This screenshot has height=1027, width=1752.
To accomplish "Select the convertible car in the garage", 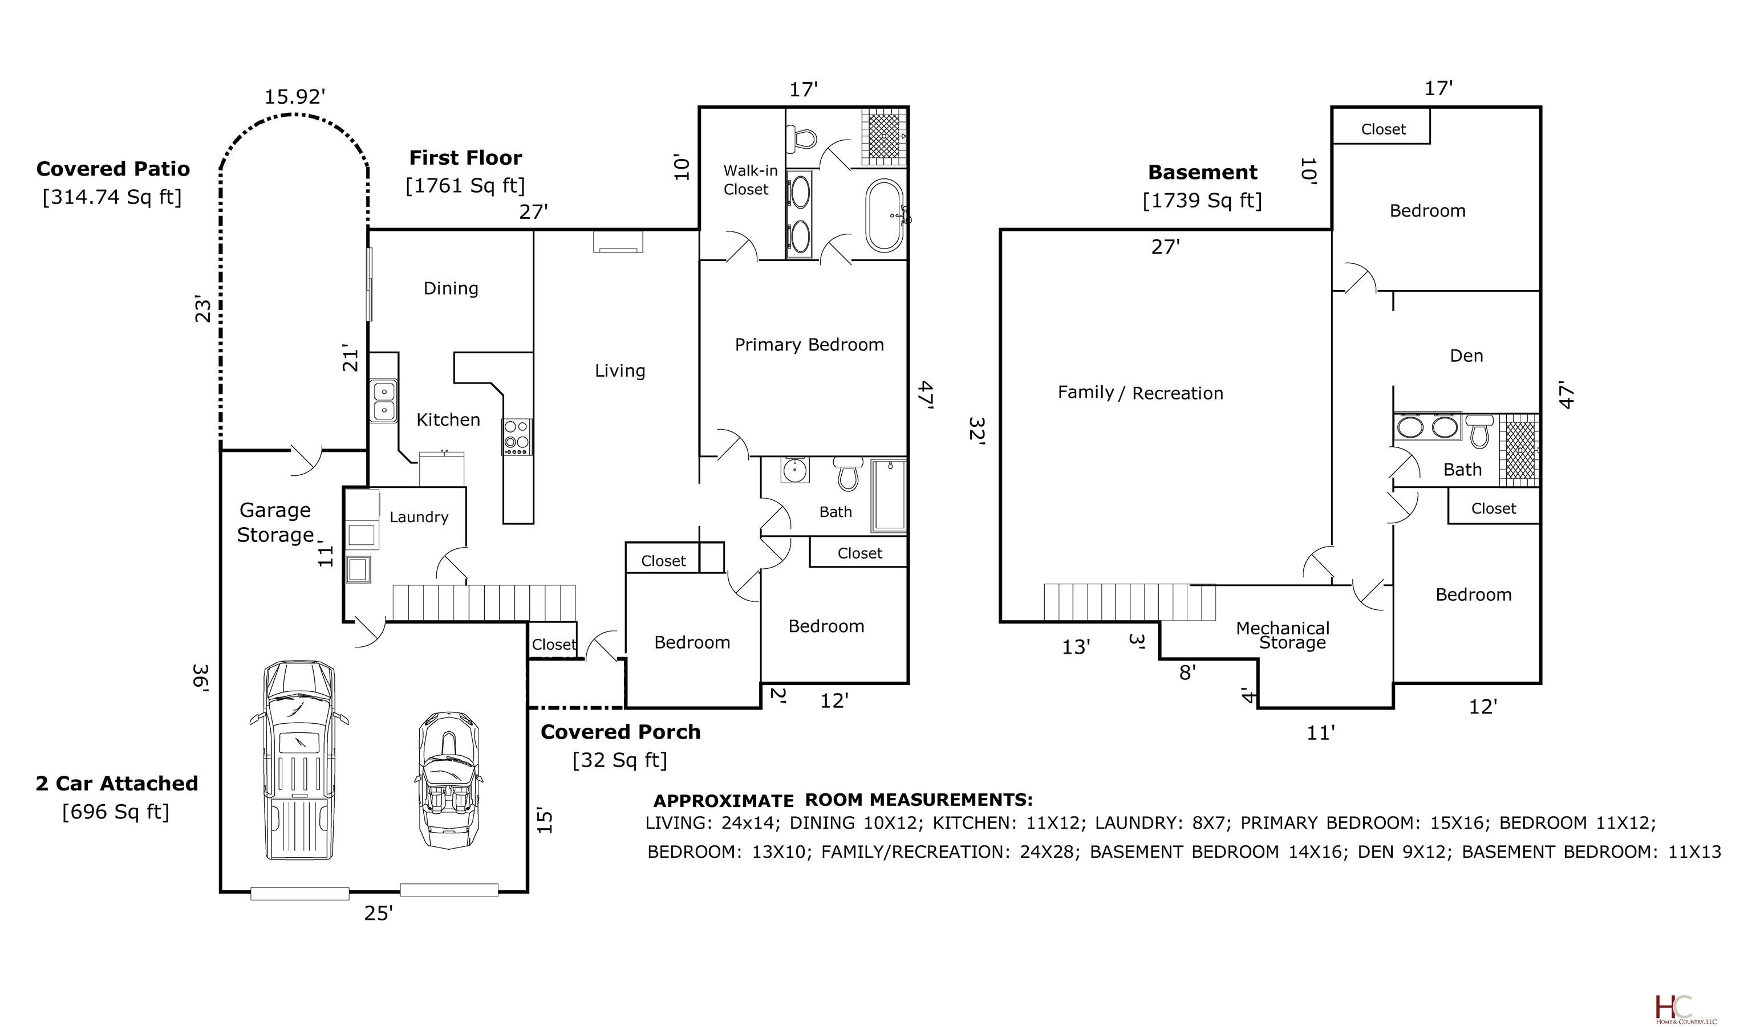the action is (x=448, y=779).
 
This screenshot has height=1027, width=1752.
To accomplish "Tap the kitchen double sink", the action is (x=383, y=401).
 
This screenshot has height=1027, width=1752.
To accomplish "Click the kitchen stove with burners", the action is (x=517, y=437).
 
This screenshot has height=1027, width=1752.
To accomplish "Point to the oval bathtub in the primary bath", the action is (x=885, y=216).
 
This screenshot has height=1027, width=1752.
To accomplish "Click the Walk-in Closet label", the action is (x=749, y=180).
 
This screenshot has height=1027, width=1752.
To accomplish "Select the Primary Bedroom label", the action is (x=809, y=345).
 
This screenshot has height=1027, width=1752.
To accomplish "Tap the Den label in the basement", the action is (x=1466, y=356).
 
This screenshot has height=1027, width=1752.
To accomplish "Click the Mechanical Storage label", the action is (x=1283, y=635).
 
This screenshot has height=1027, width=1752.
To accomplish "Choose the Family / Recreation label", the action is (x=1140, y=393).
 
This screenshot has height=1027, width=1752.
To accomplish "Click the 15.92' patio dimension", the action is (x=295, y=96).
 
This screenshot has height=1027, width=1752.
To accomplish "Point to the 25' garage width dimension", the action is (x=379, y=913).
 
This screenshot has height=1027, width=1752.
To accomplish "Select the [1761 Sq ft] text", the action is (x=466, y=186).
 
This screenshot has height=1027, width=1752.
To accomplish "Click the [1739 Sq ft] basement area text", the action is (x=1203, y=200).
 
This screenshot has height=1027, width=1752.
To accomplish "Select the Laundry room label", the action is (x=419, y=517).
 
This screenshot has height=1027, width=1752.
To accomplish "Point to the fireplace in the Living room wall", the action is (x=618, y=241).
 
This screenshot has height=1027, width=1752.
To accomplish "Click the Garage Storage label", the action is (x=275, y=523).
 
